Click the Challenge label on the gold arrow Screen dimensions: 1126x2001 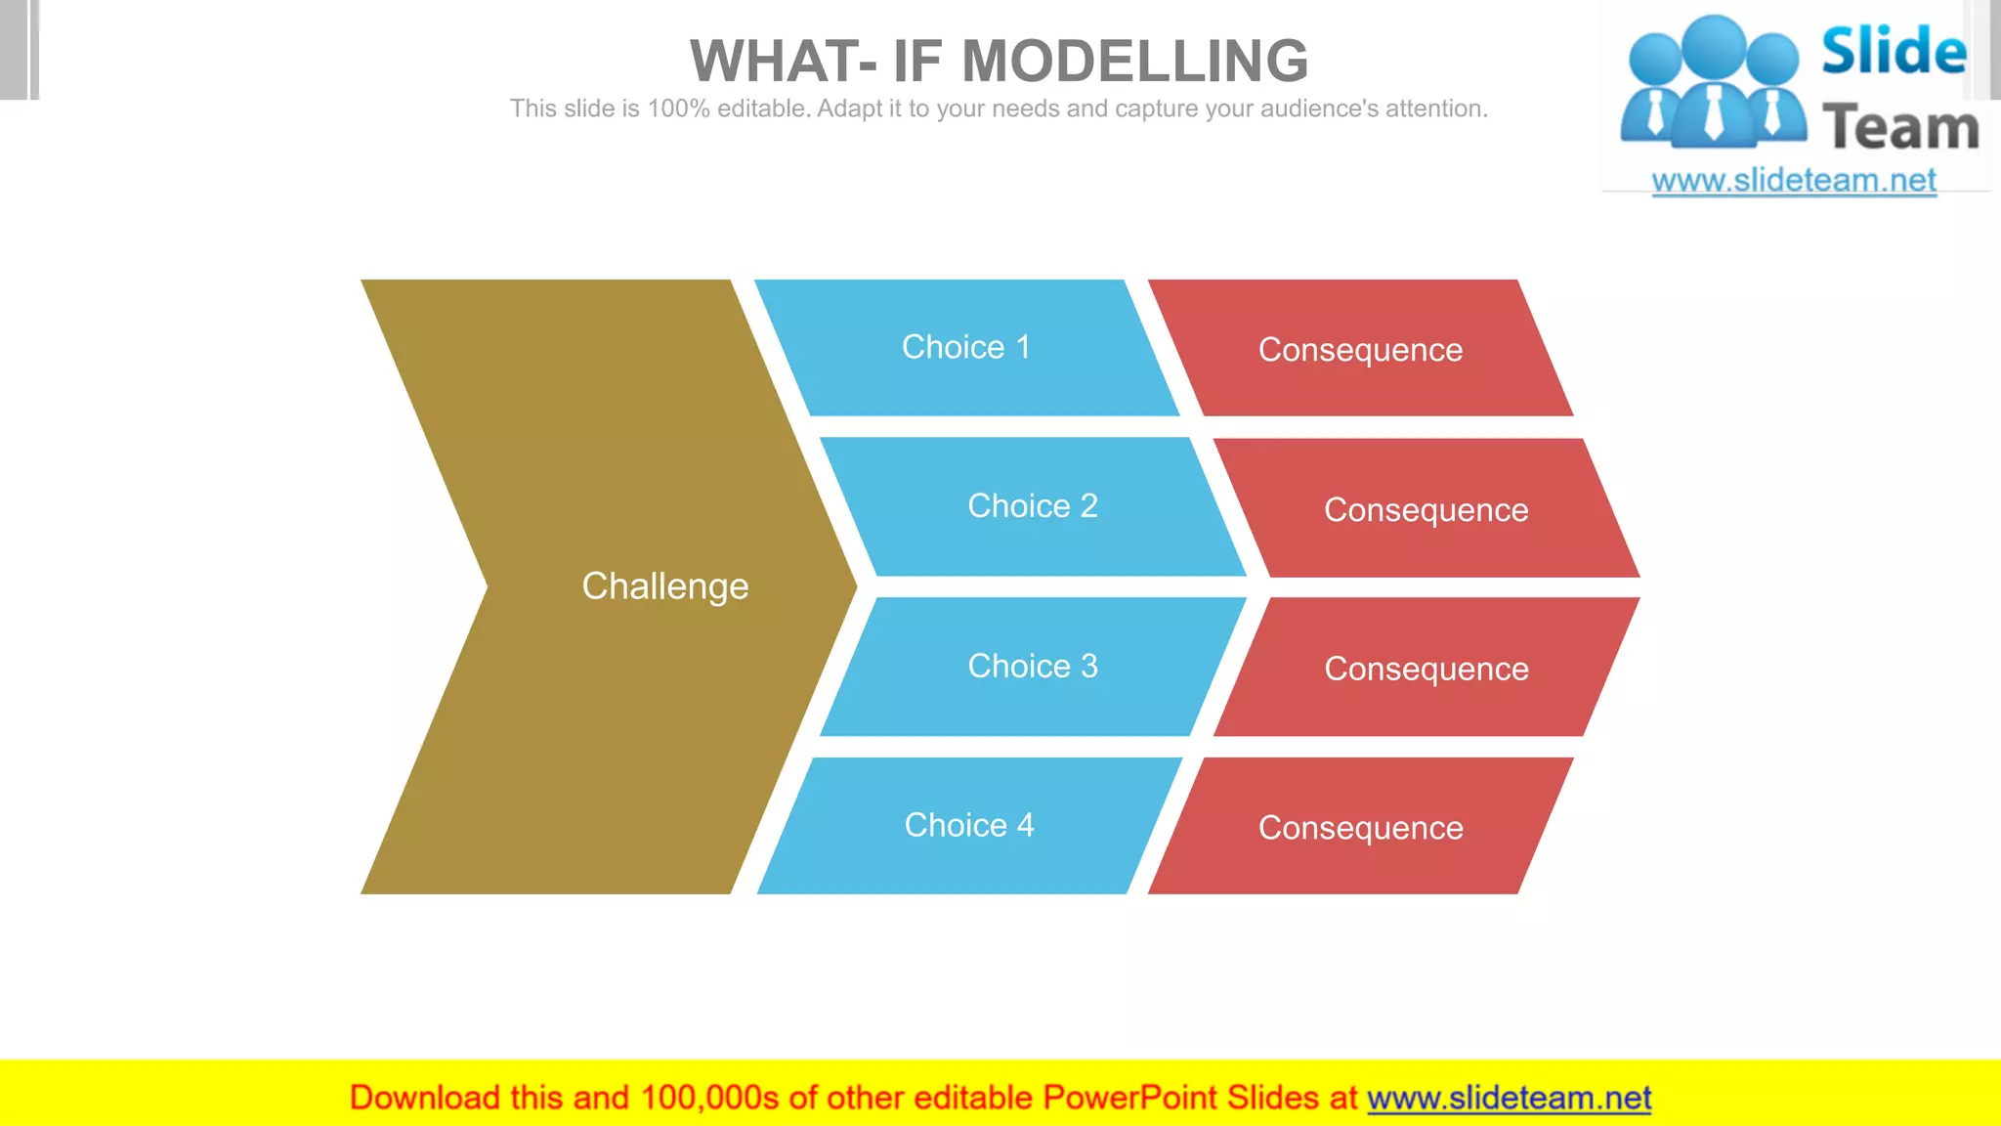[664, 586]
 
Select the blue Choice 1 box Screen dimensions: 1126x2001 [965, 347]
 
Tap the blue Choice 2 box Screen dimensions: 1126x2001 [1032, 506]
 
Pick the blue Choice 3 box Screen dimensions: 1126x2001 [1032, 667]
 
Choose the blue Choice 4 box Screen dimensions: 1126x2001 [968, 826]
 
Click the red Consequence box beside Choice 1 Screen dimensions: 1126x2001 [1360, 350]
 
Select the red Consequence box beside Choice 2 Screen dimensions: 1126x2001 [1426, 509]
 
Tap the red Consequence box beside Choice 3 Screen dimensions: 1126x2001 [1426, 669]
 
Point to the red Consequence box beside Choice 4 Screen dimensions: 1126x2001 [1360, 828]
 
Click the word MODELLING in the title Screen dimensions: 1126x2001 [1134, 62]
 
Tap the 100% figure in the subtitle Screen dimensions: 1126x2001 [678, 108]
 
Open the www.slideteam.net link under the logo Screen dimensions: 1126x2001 [1793, 181]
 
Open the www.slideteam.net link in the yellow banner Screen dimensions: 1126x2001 [1509, 1099]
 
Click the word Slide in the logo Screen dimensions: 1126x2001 [1894, 51]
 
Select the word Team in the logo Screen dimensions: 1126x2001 [1900, 128]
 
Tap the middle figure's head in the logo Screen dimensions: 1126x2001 [1715, 45]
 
